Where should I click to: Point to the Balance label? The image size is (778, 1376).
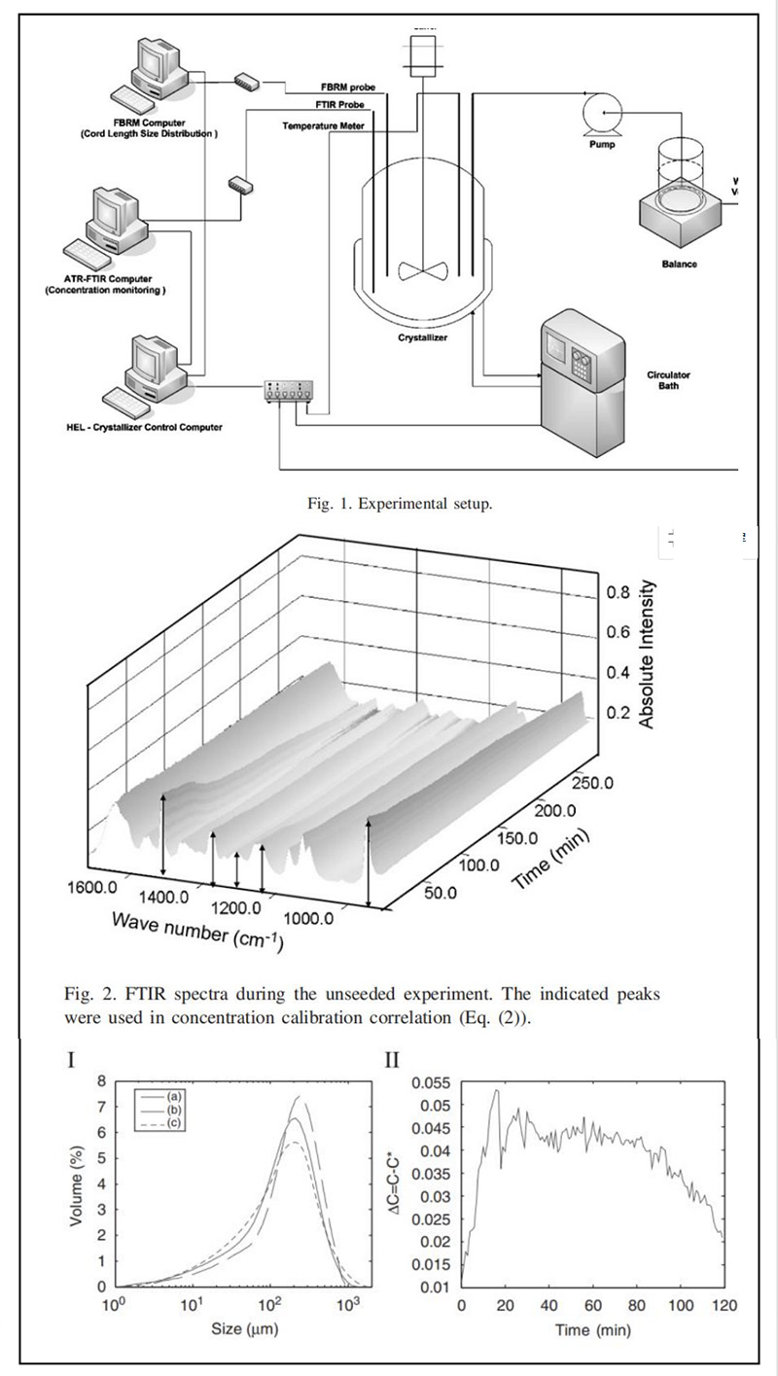(680, 264)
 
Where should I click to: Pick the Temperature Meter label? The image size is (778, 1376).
(323, 126)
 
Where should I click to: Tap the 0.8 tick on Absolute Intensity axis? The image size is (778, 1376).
(619, 592)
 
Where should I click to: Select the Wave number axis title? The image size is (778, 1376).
(197, 929)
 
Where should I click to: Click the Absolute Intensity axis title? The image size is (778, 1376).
(649, 654)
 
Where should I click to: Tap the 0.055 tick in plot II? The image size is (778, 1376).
(433, 1082)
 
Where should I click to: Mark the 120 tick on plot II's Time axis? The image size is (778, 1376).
(722, 1302)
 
